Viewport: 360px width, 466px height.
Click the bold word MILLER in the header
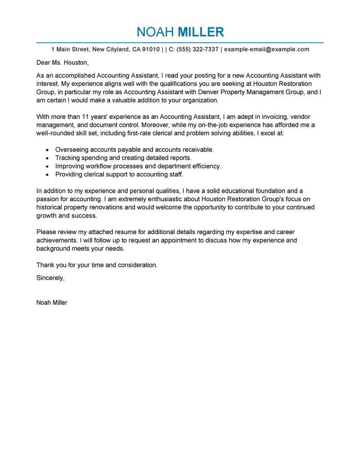[201, 32]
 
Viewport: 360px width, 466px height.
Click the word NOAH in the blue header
[156, 32]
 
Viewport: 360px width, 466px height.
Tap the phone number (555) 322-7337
[198, 49]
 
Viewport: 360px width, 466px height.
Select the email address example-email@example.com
[267, 49]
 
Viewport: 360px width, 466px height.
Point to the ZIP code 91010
[151, 49]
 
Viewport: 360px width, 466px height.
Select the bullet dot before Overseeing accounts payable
[47, 149]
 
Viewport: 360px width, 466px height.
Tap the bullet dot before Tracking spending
[47, 158]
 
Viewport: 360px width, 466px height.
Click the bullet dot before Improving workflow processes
[47, 166]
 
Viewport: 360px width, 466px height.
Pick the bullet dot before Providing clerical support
[47, 175]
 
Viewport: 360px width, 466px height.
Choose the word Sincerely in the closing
[50, 278]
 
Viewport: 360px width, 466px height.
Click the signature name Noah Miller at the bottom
[52, 303]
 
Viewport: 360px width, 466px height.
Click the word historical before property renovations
[50, 208]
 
